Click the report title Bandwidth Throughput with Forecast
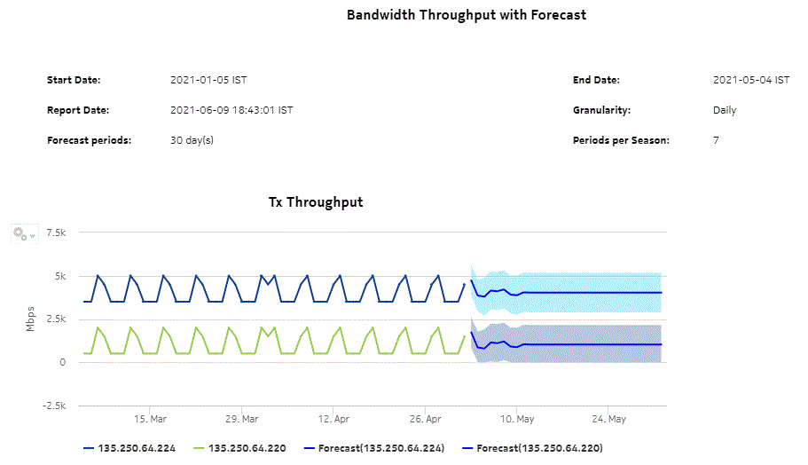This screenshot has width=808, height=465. coord(466,15)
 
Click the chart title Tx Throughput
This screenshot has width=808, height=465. coord(316,202)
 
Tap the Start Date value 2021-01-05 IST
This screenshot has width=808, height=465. coord(208,80)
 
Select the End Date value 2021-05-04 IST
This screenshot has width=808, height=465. coord(750,80)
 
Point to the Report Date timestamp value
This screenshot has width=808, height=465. coord(231,110)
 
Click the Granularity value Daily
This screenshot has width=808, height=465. coord(725,110)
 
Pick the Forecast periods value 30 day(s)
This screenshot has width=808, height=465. coord(192,140)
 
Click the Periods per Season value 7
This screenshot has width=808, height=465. coord(716,140)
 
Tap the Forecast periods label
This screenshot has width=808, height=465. coord(89,140)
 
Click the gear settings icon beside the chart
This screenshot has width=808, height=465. coord(20,234)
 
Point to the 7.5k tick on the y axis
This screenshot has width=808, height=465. coord(57,232)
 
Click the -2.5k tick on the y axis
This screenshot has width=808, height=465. coord(54,406)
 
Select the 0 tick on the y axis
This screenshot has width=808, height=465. coord(64,362)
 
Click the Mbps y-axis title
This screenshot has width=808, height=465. coord(30,319)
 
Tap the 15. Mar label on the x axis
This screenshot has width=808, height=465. coord(151,418)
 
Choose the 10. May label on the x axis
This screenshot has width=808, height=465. coord(517,418)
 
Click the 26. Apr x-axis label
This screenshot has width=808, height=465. coord(426,418)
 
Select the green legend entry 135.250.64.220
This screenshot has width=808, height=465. coord(247,448)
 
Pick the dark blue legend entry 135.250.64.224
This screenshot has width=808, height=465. coord(137,448)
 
